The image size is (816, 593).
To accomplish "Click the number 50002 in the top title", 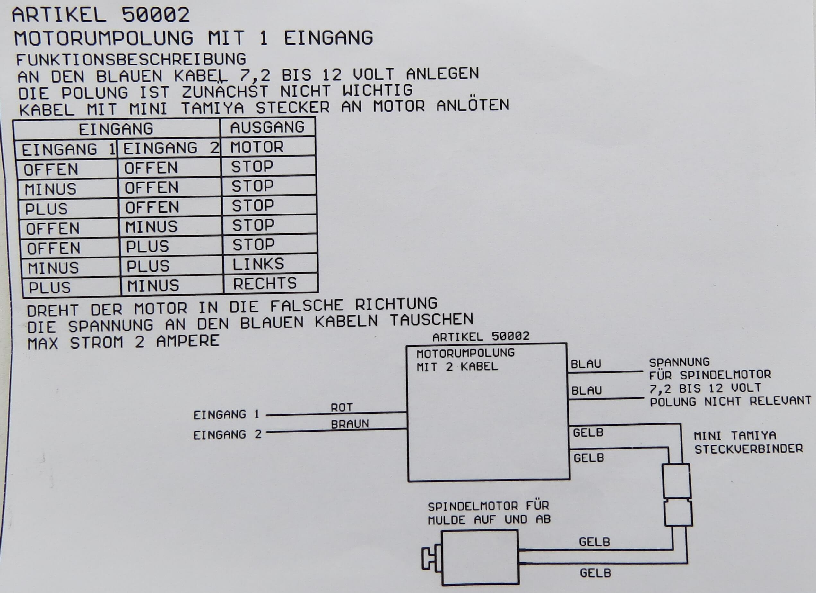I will [155, 15].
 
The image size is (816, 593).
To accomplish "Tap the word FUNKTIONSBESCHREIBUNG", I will [131, 59].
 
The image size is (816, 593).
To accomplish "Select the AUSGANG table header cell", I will [267, 127].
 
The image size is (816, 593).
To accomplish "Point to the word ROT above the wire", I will [342, 407].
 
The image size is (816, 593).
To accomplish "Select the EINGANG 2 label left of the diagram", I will [227, 435].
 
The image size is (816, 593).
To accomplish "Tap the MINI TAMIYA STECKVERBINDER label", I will [748, 442].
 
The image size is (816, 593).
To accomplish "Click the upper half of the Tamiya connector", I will [676, 481].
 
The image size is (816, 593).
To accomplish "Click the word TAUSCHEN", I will [431, 320].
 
